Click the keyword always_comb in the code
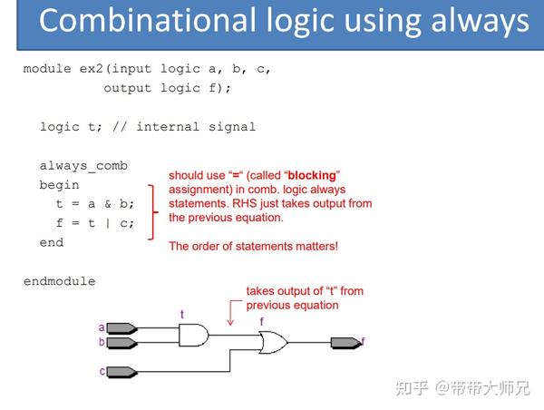pyautogui.click(x=83, y=165)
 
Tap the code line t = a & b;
pyautogui.click(x=95, y=204)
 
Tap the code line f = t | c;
pyautogui.click(x=95, y=223)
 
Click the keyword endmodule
pyautogui.click(x=59, y=281)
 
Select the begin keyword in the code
pyautogui.click(x=59, y=184)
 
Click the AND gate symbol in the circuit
pyautogui.click(x=193, y=336)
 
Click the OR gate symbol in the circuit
pyautogui.click(x=273, y=343)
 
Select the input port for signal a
pyautogui.click(x=121, y=328)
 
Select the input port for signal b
pyautogui.click(x=121, y=343)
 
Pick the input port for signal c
pyautogui.click(x=121, y=371)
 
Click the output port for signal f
pyautogui.click(x=345, y=343)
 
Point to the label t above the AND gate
pyautogui.click(x=181, y=315)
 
